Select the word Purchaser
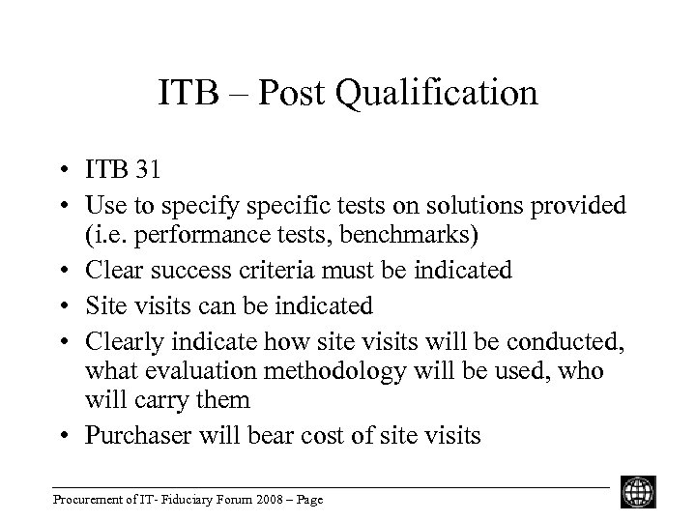click(x=134, y=435)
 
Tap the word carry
click(x=197, y=400)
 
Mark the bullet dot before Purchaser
click(x=65, y=436)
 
